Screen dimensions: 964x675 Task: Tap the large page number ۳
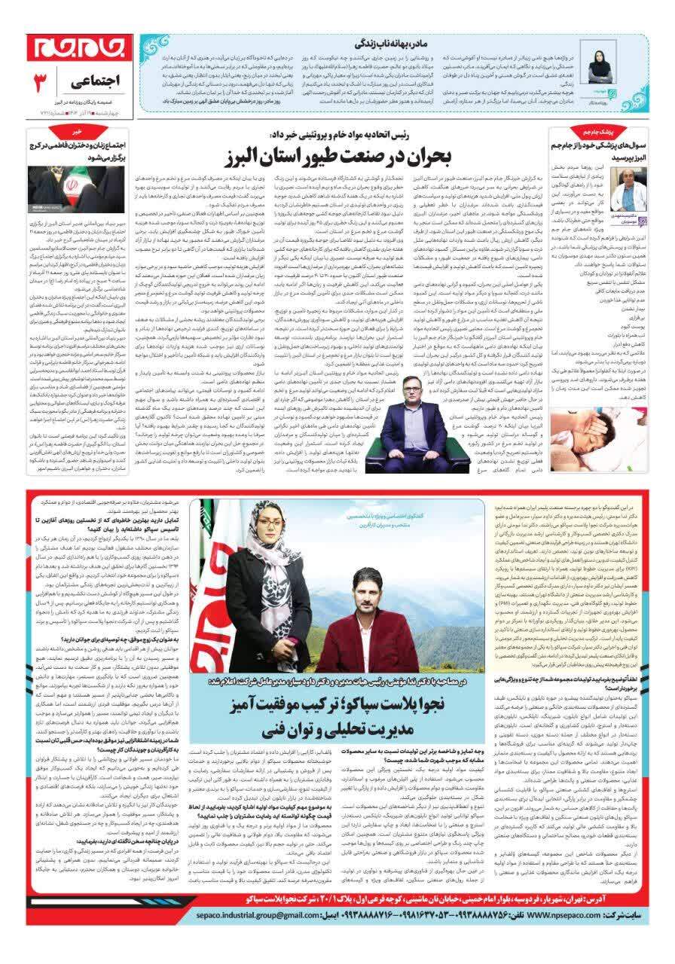coord(42,80)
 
